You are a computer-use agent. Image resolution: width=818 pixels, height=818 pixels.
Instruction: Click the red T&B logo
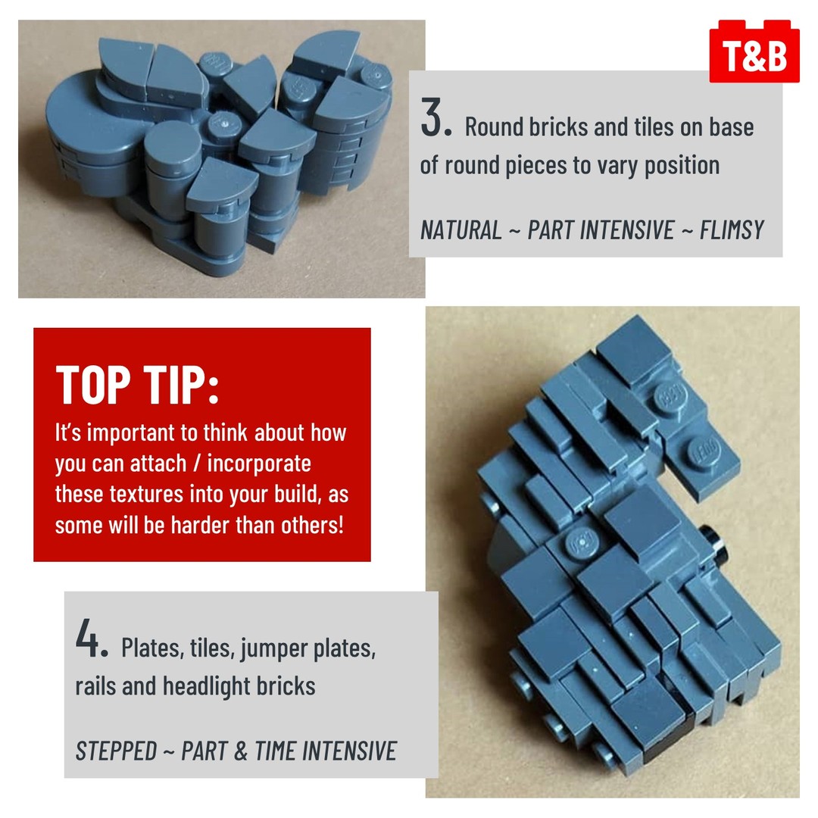[754, 52]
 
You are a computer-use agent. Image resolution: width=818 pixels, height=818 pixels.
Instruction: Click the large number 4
[92, 638]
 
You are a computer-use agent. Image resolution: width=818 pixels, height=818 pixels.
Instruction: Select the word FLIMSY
[732, 230]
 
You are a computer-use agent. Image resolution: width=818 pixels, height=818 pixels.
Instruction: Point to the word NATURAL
[461, 230]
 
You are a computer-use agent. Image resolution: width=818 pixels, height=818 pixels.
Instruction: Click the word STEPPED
[116, 751]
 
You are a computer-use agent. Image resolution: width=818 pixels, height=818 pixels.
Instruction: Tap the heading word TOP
[93, 385]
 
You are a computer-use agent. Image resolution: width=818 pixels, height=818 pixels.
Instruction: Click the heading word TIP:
[181, 385]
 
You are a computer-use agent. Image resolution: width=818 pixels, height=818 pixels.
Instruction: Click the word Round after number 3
[493, 127]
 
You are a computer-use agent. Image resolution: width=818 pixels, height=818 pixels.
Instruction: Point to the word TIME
[276, 751]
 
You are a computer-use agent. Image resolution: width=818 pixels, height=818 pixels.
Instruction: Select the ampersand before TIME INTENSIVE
[240, 751]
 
